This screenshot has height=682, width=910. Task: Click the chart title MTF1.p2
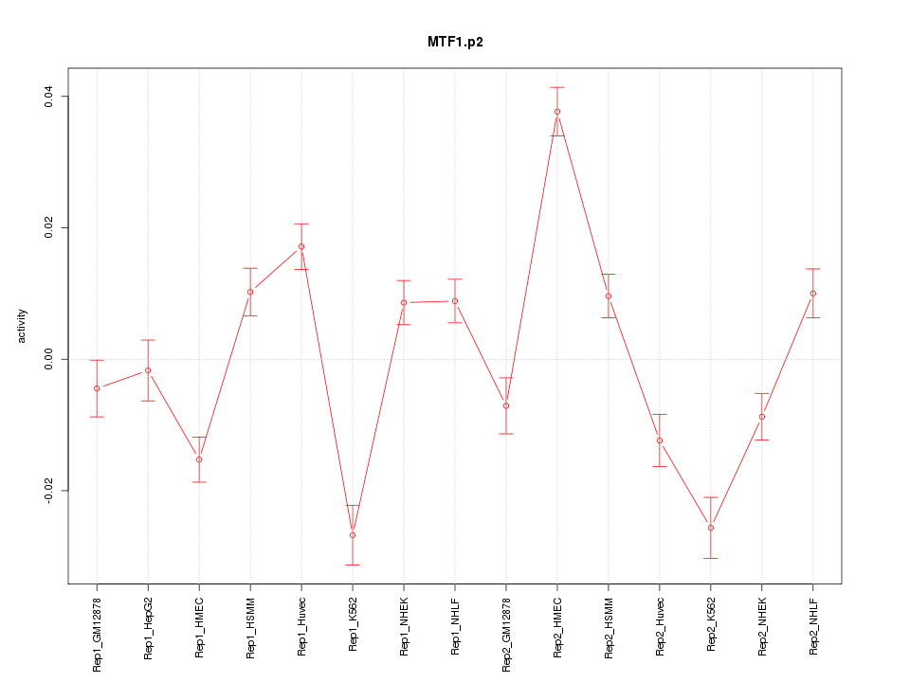tap(455, 43)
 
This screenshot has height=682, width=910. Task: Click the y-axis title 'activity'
tap(23, 326)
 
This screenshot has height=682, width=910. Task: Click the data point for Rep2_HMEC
tap(557, 112)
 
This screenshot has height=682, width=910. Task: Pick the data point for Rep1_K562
tap(353, 535)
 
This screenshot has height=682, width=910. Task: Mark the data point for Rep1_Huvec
tap(301, 246)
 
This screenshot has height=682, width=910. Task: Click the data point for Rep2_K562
tap(711, 528)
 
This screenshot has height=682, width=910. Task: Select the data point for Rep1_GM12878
tap(97, 388)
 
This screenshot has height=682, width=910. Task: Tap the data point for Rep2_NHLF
tap(813, 294)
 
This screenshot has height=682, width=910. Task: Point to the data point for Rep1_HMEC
tap(199, 459)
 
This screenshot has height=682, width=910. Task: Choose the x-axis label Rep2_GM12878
tap(506, 634)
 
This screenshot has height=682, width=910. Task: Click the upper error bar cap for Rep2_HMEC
tap(557, 87)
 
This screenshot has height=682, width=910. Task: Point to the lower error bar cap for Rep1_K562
tap(353, 565)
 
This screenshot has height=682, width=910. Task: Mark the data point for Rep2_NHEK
tap(762, 417)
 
